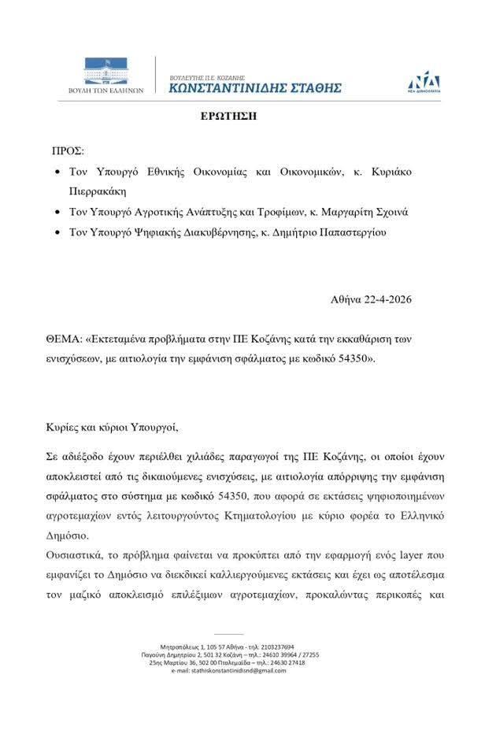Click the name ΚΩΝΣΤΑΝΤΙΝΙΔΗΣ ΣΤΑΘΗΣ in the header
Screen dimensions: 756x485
pos(255,88)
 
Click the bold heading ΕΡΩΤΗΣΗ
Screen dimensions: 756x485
pos(228,115)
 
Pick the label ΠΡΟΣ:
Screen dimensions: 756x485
pos(68,150)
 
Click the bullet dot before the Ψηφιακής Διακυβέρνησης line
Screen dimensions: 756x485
pos(57,233)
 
